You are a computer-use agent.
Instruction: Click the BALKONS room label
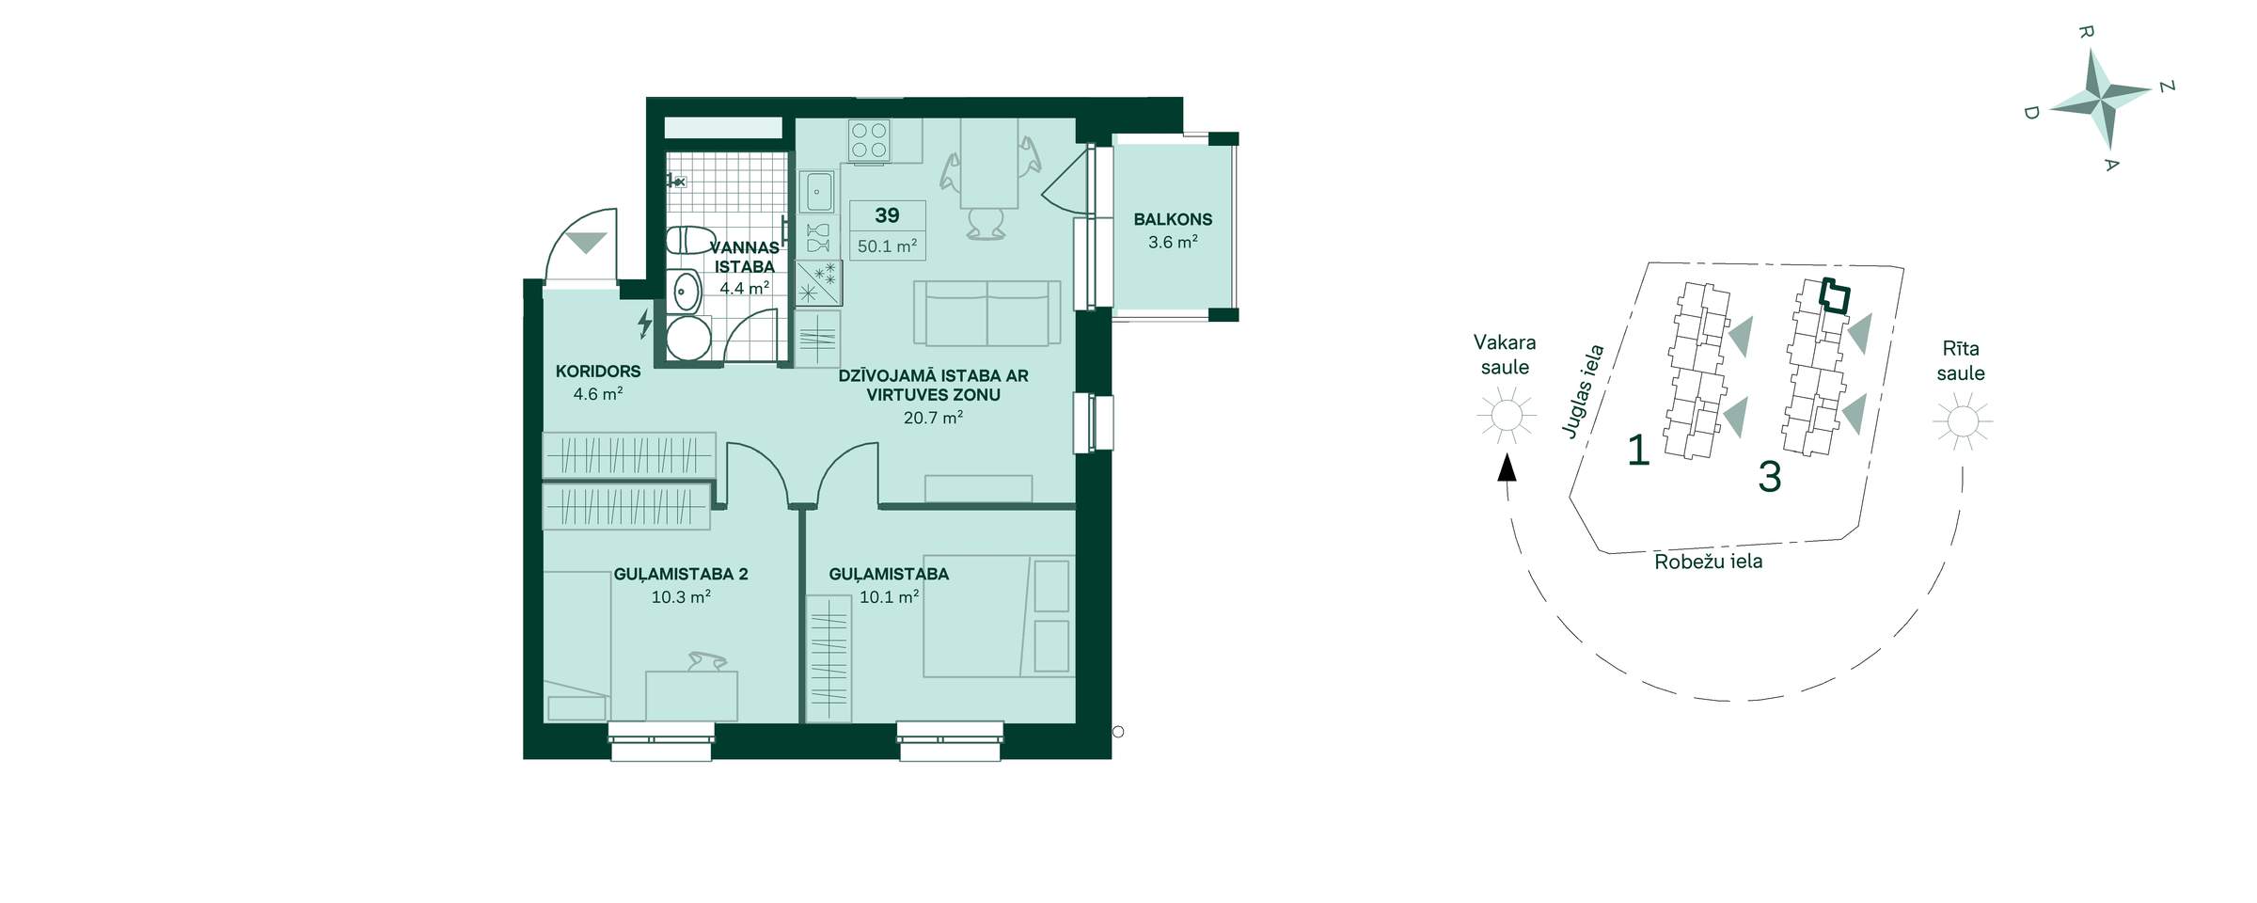(1173, 219)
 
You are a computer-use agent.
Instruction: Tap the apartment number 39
(887, 215)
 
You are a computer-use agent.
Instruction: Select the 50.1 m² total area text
(887, 246)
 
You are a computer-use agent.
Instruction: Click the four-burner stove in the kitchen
(869, 140)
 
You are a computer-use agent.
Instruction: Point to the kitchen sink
(816, 192)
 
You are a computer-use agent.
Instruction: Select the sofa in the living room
(986, 313)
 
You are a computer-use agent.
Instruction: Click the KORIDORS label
(598, 372)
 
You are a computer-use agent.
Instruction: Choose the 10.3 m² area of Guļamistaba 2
(681, 597)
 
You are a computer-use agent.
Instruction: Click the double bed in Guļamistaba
(998, 616)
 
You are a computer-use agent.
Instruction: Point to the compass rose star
(2099, 99)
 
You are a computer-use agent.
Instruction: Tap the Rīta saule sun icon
(1963, 420)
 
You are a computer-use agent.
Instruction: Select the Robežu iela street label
(1708, 562)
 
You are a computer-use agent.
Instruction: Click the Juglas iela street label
(1583, 391)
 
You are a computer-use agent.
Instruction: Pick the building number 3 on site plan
(1770, 477)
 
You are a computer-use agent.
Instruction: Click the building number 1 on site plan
(1639, 451)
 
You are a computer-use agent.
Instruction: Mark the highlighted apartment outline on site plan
(1834, 297)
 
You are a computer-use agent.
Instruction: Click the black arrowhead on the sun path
(1507, 467)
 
